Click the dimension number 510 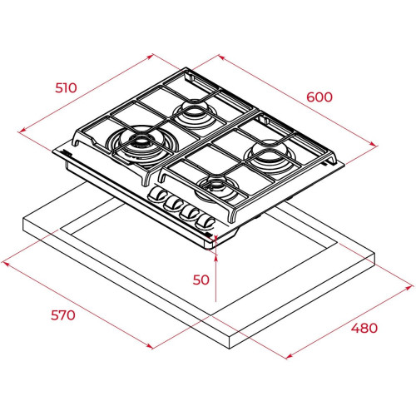pos(66,88)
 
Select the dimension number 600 pos(319,97)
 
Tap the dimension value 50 pos(201,280)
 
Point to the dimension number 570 pos(63,315)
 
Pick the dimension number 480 pos(364,328)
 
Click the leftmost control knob pos(156,194)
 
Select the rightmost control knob pos(206,221)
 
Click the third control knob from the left pos(189,212)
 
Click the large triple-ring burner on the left pos(142,144)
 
